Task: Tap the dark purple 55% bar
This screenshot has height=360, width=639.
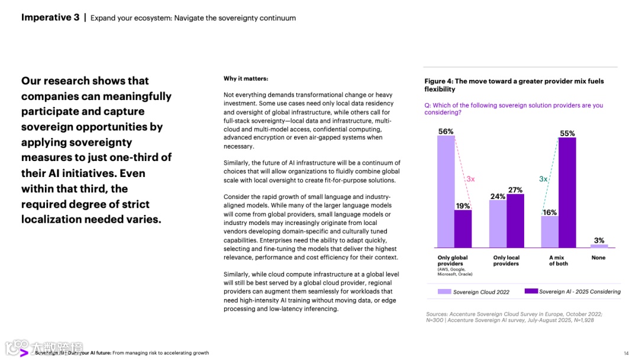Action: tap(567, 192)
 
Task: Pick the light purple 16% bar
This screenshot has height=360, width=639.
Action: tap(550, 231)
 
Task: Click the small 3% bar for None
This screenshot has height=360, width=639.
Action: tap(599, 246)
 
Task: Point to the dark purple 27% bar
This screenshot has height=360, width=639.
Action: tap(515, 220)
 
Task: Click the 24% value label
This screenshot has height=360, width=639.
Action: tap(498, 196)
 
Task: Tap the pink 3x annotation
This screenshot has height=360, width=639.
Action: tap(470, 178)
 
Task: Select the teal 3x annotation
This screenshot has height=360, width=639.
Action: tap(543, 178)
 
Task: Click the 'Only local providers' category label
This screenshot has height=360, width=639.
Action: tap(506, 261)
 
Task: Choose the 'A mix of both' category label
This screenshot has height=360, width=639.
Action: tap(558, 261)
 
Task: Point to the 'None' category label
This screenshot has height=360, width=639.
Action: tap(598, 258)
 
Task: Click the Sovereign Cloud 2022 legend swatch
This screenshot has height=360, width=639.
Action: tap(444, 291)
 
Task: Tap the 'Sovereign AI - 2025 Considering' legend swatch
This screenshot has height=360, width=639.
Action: tap(531, 291)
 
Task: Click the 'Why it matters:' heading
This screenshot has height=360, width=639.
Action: tap(246, 79)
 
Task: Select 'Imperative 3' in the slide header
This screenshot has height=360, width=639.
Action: tap(50, 17)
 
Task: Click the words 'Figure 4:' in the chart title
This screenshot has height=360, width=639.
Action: tap(438, 81)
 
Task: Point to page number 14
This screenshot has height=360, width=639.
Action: tap(626, 353)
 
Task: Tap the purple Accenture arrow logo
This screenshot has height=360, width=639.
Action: tap(24, 352)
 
